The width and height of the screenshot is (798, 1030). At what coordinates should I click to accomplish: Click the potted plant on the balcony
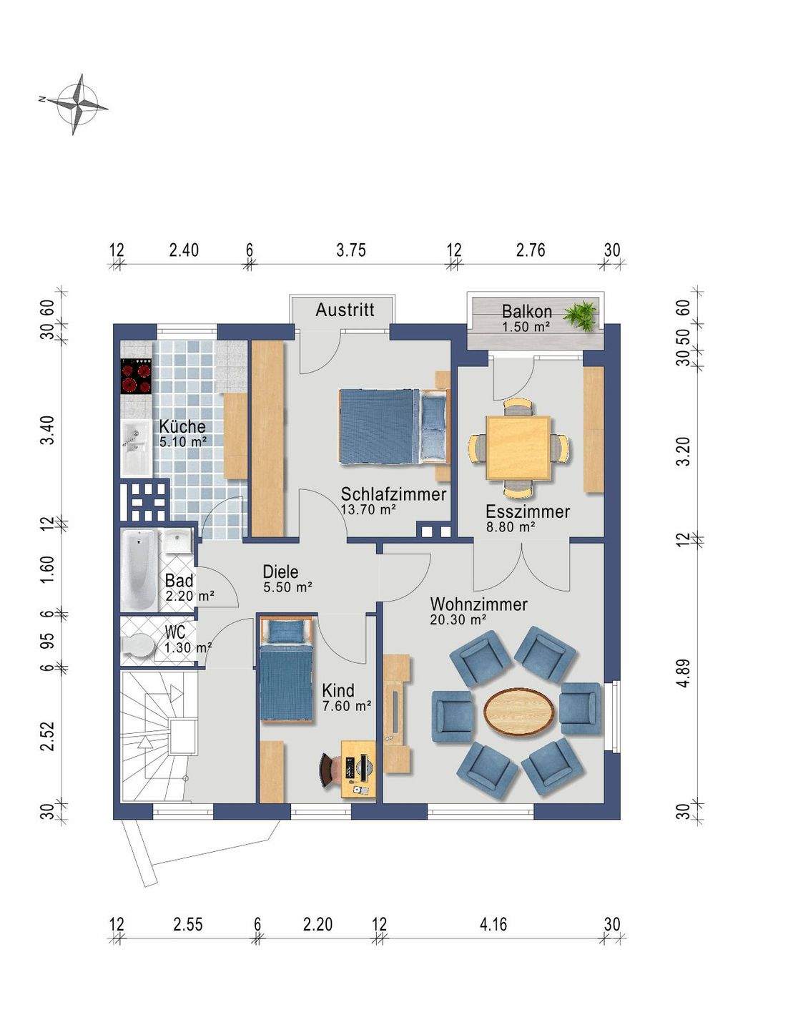579,315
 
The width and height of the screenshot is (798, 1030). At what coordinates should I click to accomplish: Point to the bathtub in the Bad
139,570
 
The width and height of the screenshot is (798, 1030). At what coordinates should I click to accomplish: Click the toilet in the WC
137,645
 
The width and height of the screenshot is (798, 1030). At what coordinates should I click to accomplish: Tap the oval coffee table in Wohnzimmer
519,712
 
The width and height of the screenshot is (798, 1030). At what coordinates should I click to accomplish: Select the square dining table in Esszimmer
518,448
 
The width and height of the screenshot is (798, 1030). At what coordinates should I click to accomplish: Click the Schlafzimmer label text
393,494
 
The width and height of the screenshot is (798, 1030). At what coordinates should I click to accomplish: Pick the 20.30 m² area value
458,619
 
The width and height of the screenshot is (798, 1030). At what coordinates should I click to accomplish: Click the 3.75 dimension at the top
351,250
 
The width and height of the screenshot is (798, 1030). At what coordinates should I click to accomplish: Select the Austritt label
345,310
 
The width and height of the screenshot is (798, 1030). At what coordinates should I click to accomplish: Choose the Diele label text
280,572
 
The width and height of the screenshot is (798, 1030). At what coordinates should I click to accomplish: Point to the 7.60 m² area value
346,706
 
